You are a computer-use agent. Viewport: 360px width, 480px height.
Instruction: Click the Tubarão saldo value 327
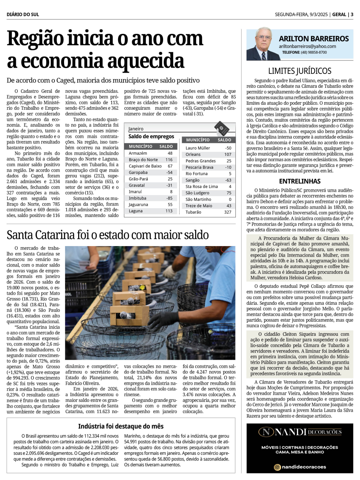pos(228,212)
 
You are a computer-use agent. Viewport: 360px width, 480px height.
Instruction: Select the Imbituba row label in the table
pos(138,198)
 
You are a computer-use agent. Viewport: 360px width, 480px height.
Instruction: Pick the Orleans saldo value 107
pos(228,154)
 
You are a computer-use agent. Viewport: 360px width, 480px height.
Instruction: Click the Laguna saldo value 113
pos(169,211)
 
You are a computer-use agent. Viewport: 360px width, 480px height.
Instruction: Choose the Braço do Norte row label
pos(143,160)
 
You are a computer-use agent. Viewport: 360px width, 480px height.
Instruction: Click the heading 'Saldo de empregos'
pos(151,137)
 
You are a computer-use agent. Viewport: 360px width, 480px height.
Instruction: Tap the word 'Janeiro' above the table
pos(136,129)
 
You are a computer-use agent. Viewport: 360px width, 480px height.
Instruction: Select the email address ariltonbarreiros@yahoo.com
pos(307,46)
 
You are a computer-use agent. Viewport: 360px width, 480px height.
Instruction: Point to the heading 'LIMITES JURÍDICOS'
pos(300,71)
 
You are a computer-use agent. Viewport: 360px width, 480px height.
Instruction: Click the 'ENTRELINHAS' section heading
pos(300,181)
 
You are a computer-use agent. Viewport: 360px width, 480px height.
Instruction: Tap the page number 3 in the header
pos(352,15)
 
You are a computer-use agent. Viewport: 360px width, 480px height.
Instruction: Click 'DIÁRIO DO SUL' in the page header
pos(23,15)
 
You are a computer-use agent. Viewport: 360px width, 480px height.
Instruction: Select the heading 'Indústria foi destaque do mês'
pos(121,426)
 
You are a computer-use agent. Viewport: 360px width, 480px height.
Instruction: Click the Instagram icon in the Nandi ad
pos(278,467)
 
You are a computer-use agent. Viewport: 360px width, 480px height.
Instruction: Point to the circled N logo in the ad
pos(266,432)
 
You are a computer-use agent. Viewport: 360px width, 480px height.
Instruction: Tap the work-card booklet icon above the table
pos(222,128)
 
